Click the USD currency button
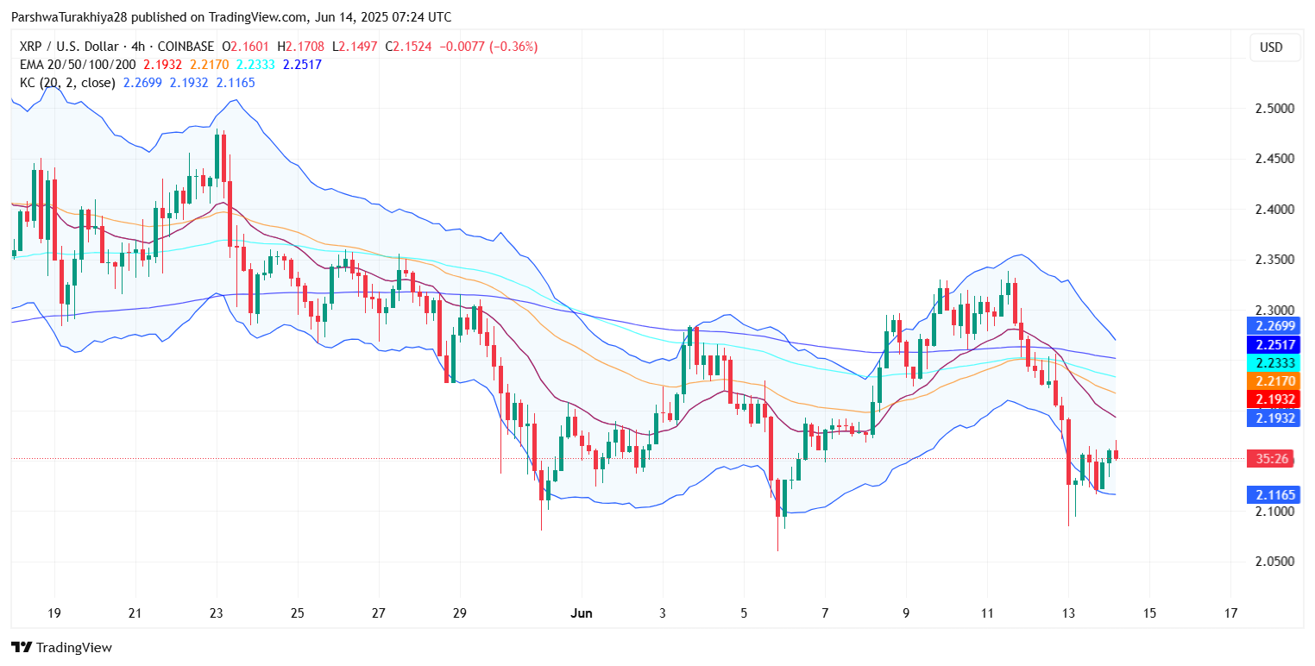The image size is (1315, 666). click(1271, 47)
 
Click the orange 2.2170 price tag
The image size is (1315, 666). click(1272, 380)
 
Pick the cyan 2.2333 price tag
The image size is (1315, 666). click(1272, 362)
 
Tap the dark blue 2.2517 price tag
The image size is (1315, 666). click(1272, 344)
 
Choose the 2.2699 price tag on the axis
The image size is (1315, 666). click(1272, 325)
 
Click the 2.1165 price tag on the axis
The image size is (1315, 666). click(1272, 495)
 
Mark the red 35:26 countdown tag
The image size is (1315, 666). click(1272, 459)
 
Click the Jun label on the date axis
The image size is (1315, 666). click(582, 613)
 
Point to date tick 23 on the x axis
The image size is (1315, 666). click(216, 613)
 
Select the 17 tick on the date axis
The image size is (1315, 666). click(1230, 613)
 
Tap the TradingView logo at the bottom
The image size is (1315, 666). click(61, 647)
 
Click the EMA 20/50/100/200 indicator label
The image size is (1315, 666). click(79, 65)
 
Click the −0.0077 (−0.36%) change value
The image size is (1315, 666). click(489, 47)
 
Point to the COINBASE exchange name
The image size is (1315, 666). click(184, 47)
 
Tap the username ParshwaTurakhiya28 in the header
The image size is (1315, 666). click(70, 17)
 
